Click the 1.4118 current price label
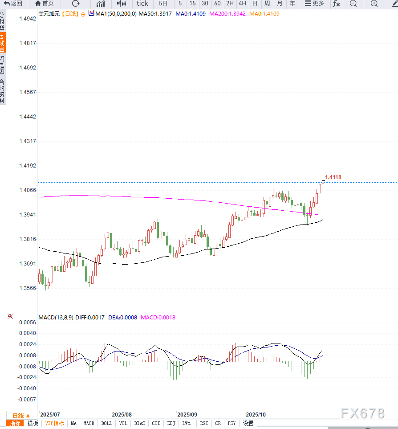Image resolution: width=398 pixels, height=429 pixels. tap(333, 177)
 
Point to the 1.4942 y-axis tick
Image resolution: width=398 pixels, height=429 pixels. tap(28, 19)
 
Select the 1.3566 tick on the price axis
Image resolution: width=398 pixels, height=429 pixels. tap(28, 288)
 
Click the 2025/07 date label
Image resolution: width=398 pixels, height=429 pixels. tap(50, 414)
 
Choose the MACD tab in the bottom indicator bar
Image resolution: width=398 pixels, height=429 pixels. tap(89, 423)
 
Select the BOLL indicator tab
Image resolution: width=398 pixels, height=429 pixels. tap(106, 423)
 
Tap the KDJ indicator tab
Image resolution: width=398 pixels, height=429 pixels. tap(171, 423)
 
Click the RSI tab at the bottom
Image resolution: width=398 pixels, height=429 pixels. tap(204, 423)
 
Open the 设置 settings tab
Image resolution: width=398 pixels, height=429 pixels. tap(248, 423)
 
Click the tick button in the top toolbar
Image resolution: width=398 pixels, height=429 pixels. tap(142, 4)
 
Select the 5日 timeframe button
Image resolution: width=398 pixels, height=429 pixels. tap(163, 4)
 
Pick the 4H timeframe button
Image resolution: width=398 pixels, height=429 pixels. tap(242, 4)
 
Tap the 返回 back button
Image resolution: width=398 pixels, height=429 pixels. tap(13, 4)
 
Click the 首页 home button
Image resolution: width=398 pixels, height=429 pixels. tap(45, 4)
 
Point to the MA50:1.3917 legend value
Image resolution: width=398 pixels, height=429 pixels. tap(154, 14)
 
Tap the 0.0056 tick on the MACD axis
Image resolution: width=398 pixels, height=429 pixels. tap(28, 322)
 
